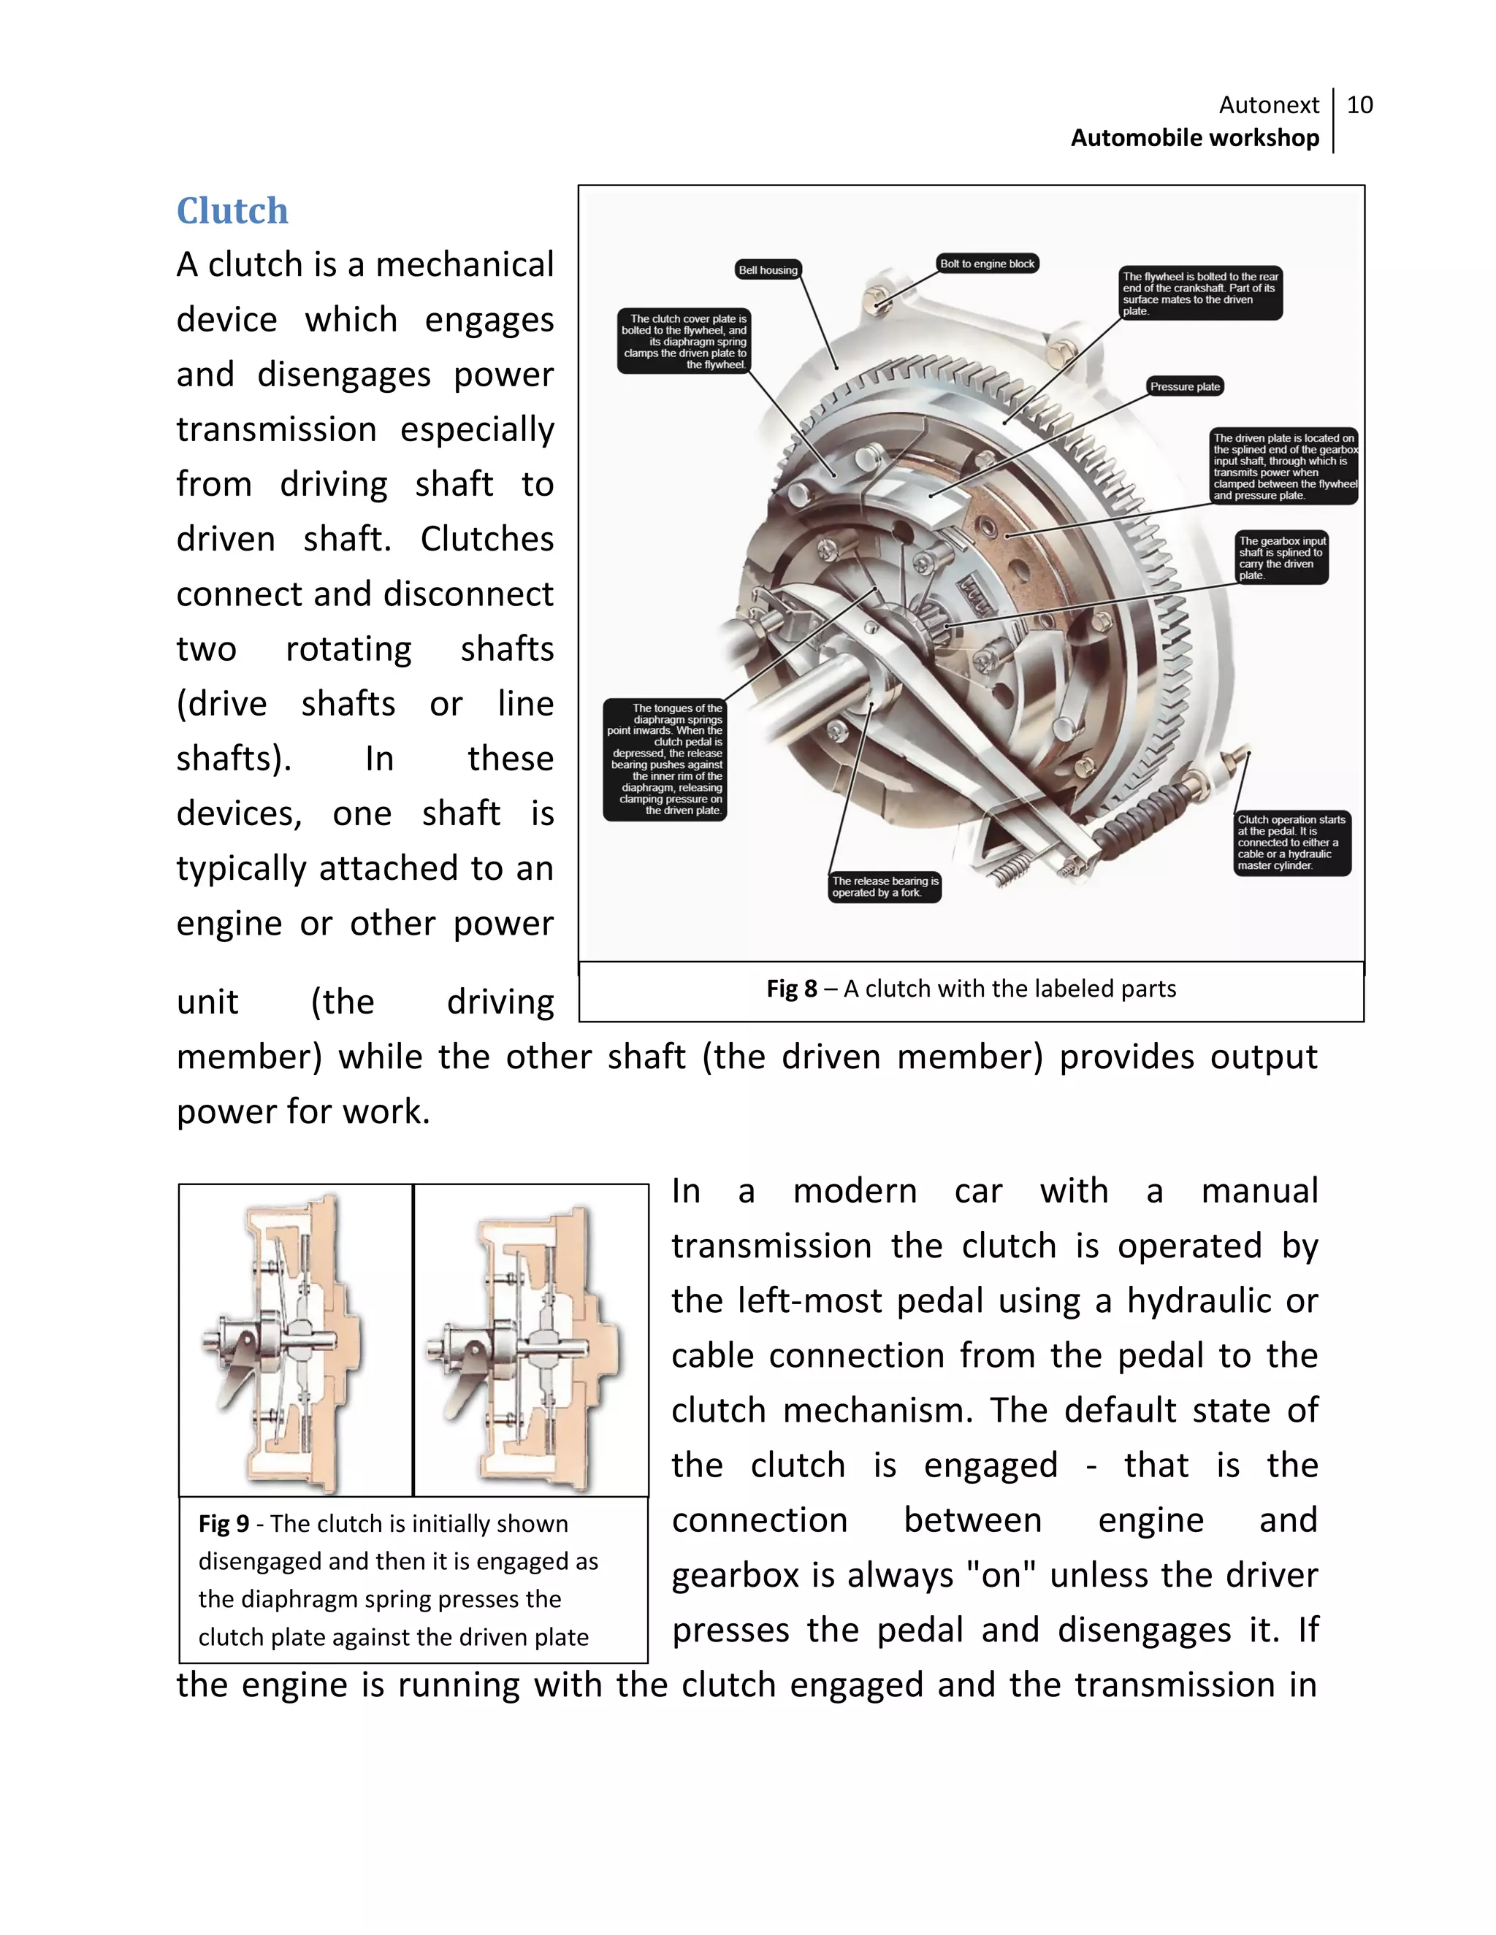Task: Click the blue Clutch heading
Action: [232, 211]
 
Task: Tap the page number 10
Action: [1359, 105]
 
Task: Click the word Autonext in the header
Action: [1268, 105]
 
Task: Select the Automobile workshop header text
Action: [1194, 138]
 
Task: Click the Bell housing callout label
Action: [768, 270]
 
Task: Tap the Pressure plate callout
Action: [1184, 386]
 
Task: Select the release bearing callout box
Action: [884, 887]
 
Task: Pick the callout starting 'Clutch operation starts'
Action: [1291, 843]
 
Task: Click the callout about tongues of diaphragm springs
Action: [665, 759]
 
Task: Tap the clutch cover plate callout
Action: [682, 341]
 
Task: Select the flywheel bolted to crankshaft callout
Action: [1199, 294]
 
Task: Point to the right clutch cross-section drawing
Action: [531, 1341]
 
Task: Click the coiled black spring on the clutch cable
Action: [1143, 818]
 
